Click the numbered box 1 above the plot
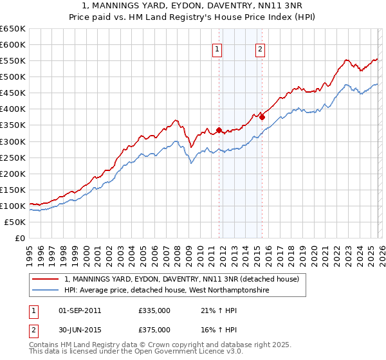coord(217,50)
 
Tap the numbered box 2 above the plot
coord(261,50)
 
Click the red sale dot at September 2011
coord(219,130)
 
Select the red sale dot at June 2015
coord(262,117)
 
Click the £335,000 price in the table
coord(154,310)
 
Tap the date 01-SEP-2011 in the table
coord(80,310)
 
